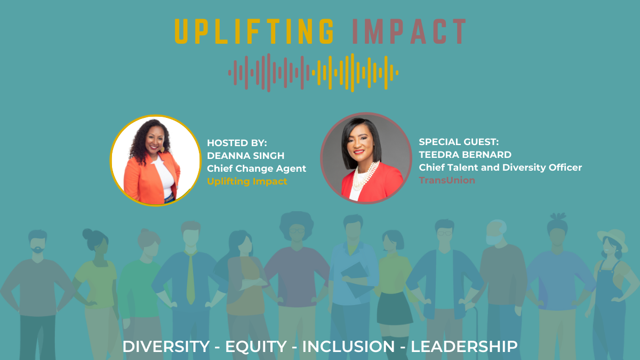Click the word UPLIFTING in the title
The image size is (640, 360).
[x=254, y=31]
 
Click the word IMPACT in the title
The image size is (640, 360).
[x=410, y=31]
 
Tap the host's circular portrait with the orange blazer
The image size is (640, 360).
[x=156, y=161]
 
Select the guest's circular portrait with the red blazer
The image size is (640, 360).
[x=366, y=158]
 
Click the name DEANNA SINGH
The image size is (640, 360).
[x=246, y=156]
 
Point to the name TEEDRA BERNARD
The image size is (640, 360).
[x=465, y=155]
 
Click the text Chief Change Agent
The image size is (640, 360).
[x=257, y=169]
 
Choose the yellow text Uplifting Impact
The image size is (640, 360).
[x=247, y=181]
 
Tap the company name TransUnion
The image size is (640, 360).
[x=447, y=180]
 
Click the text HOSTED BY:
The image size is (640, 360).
[x=237, y=143]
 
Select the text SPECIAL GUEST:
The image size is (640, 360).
[x=459, y=142]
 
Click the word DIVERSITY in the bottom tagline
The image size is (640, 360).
[x=166, y=347]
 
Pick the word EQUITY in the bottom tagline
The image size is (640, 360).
[x=256, y=347]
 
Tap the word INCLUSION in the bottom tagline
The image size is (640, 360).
[x=349, y=347]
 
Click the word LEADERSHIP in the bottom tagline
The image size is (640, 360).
[x=464, y=347]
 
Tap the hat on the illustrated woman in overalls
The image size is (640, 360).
[x=613, y=238]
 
